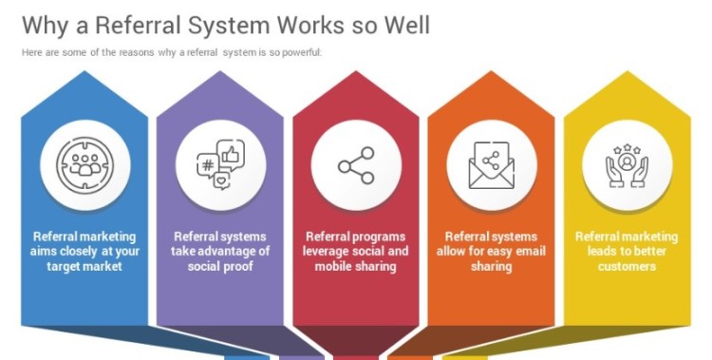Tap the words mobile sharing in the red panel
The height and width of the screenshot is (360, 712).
[356, 267]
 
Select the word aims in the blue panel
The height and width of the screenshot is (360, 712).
[48, 252]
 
